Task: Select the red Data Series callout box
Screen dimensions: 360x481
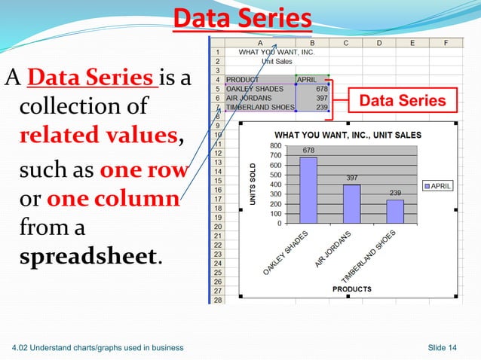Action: tap(401, 101)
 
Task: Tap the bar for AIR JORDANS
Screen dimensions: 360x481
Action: tap(352, 203)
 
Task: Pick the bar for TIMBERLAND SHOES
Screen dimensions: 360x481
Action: tap(395, 211)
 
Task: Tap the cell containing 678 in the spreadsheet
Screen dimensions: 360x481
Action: tap(312, 88)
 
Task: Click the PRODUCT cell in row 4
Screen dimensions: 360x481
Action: tap(244, 79)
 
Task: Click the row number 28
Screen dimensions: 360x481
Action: tap(216, 300)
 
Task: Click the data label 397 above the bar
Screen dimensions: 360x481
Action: tap(351, 178)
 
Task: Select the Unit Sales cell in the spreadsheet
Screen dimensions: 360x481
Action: tap(267, 61)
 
